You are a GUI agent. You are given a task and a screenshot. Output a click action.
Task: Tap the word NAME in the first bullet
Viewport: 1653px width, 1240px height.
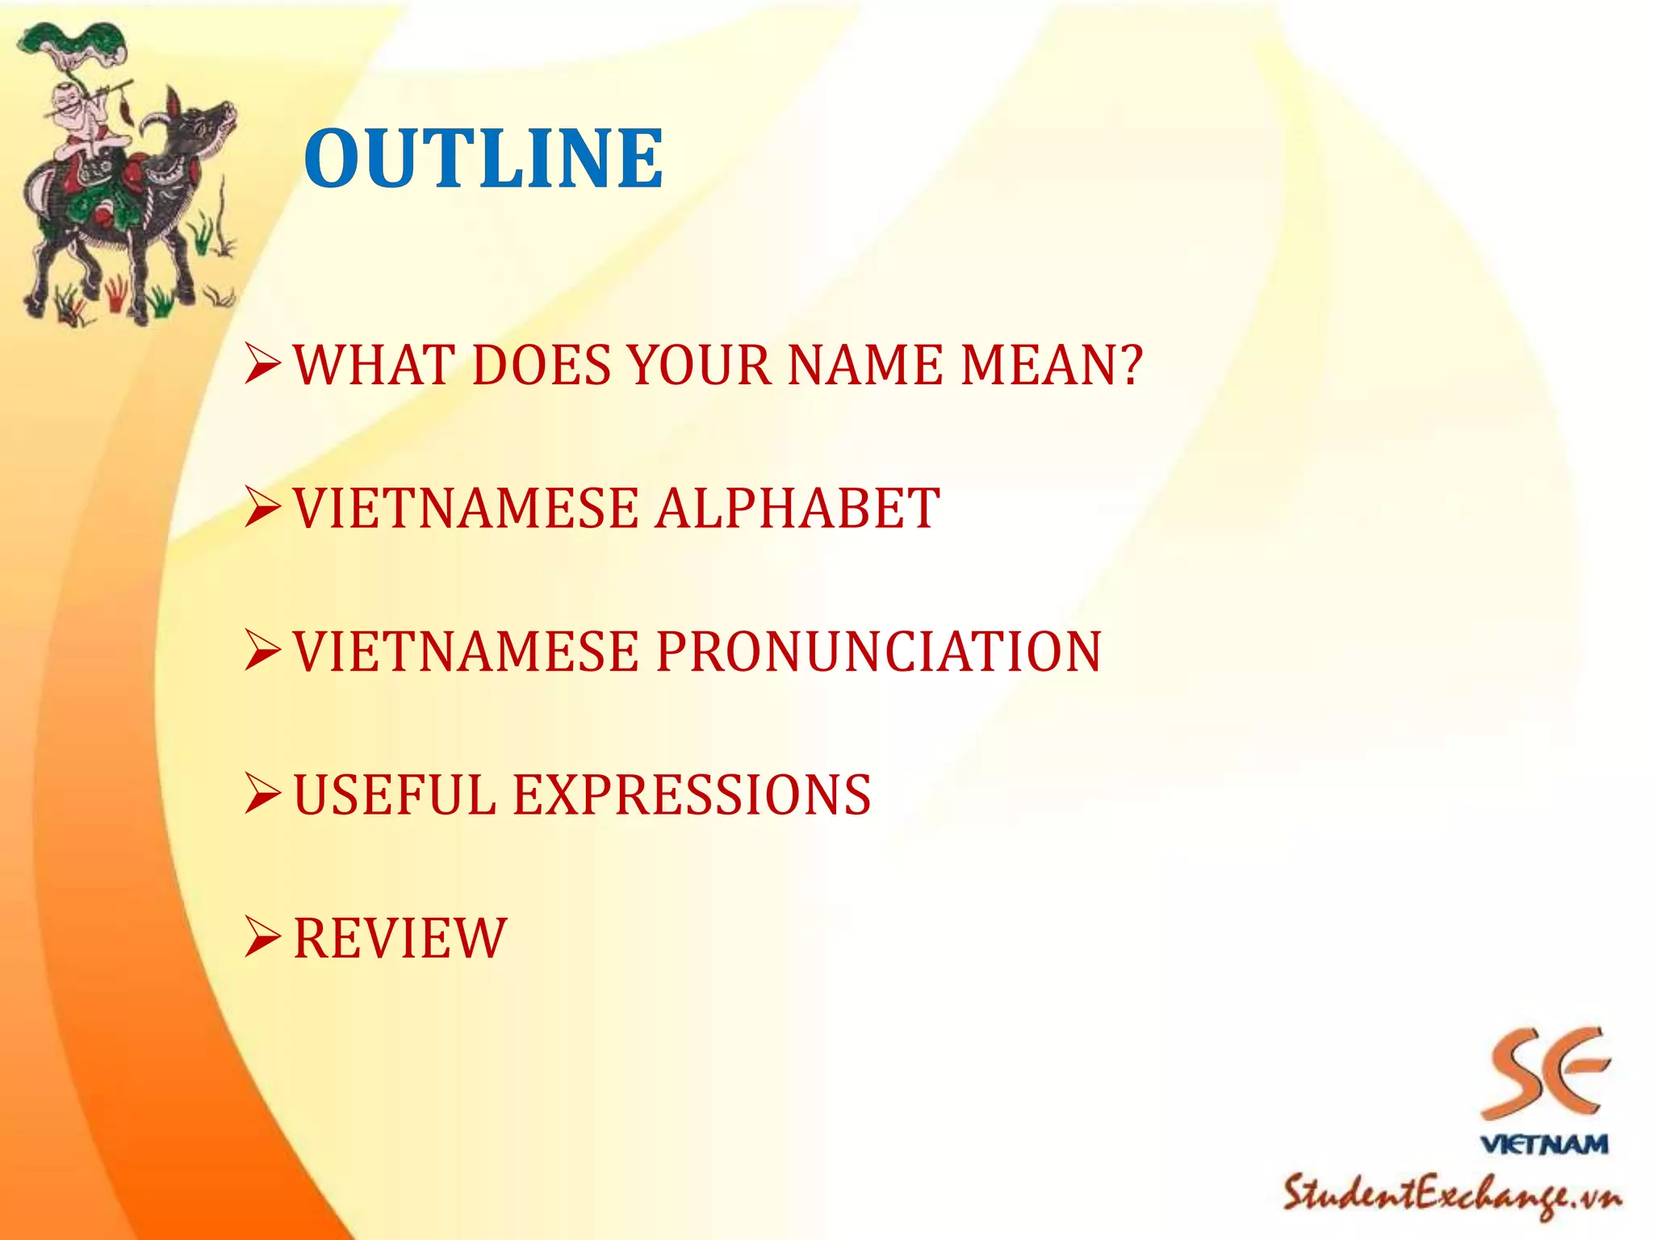pyautogui.click(x=864, y=365)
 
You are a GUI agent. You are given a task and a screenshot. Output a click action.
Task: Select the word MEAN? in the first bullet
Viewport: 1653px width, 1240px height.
pyautogui.click(x=1051, y=365)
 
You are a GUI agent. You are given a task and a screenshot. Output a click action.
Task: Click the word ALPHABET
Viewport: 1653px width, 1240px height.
pyautogui.click(x=797, y=509)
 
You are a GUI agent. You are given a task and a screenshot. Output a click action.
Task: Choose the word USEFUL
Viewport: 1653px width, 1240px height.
pyautogui.click(x=395, y=795)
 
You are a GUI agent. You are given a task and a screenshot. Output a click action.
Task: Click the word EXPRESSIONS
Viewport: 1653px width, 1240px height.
pyautogui.click(x=692, y=795)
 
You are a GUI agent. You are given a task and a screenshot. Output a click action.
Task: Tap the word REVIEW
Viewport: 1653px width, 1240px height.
pyautogui.click(x=400, y=938)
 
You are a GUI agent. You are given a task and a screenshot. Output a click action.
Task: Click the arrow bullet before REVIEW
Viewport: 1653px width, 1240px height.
pyautogui.click(x=262, y=938)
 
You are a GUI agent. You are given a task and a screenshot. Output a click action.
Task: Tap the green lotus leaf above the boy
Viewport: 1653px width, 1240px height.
pyautogui.click(x=61, y=40)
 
